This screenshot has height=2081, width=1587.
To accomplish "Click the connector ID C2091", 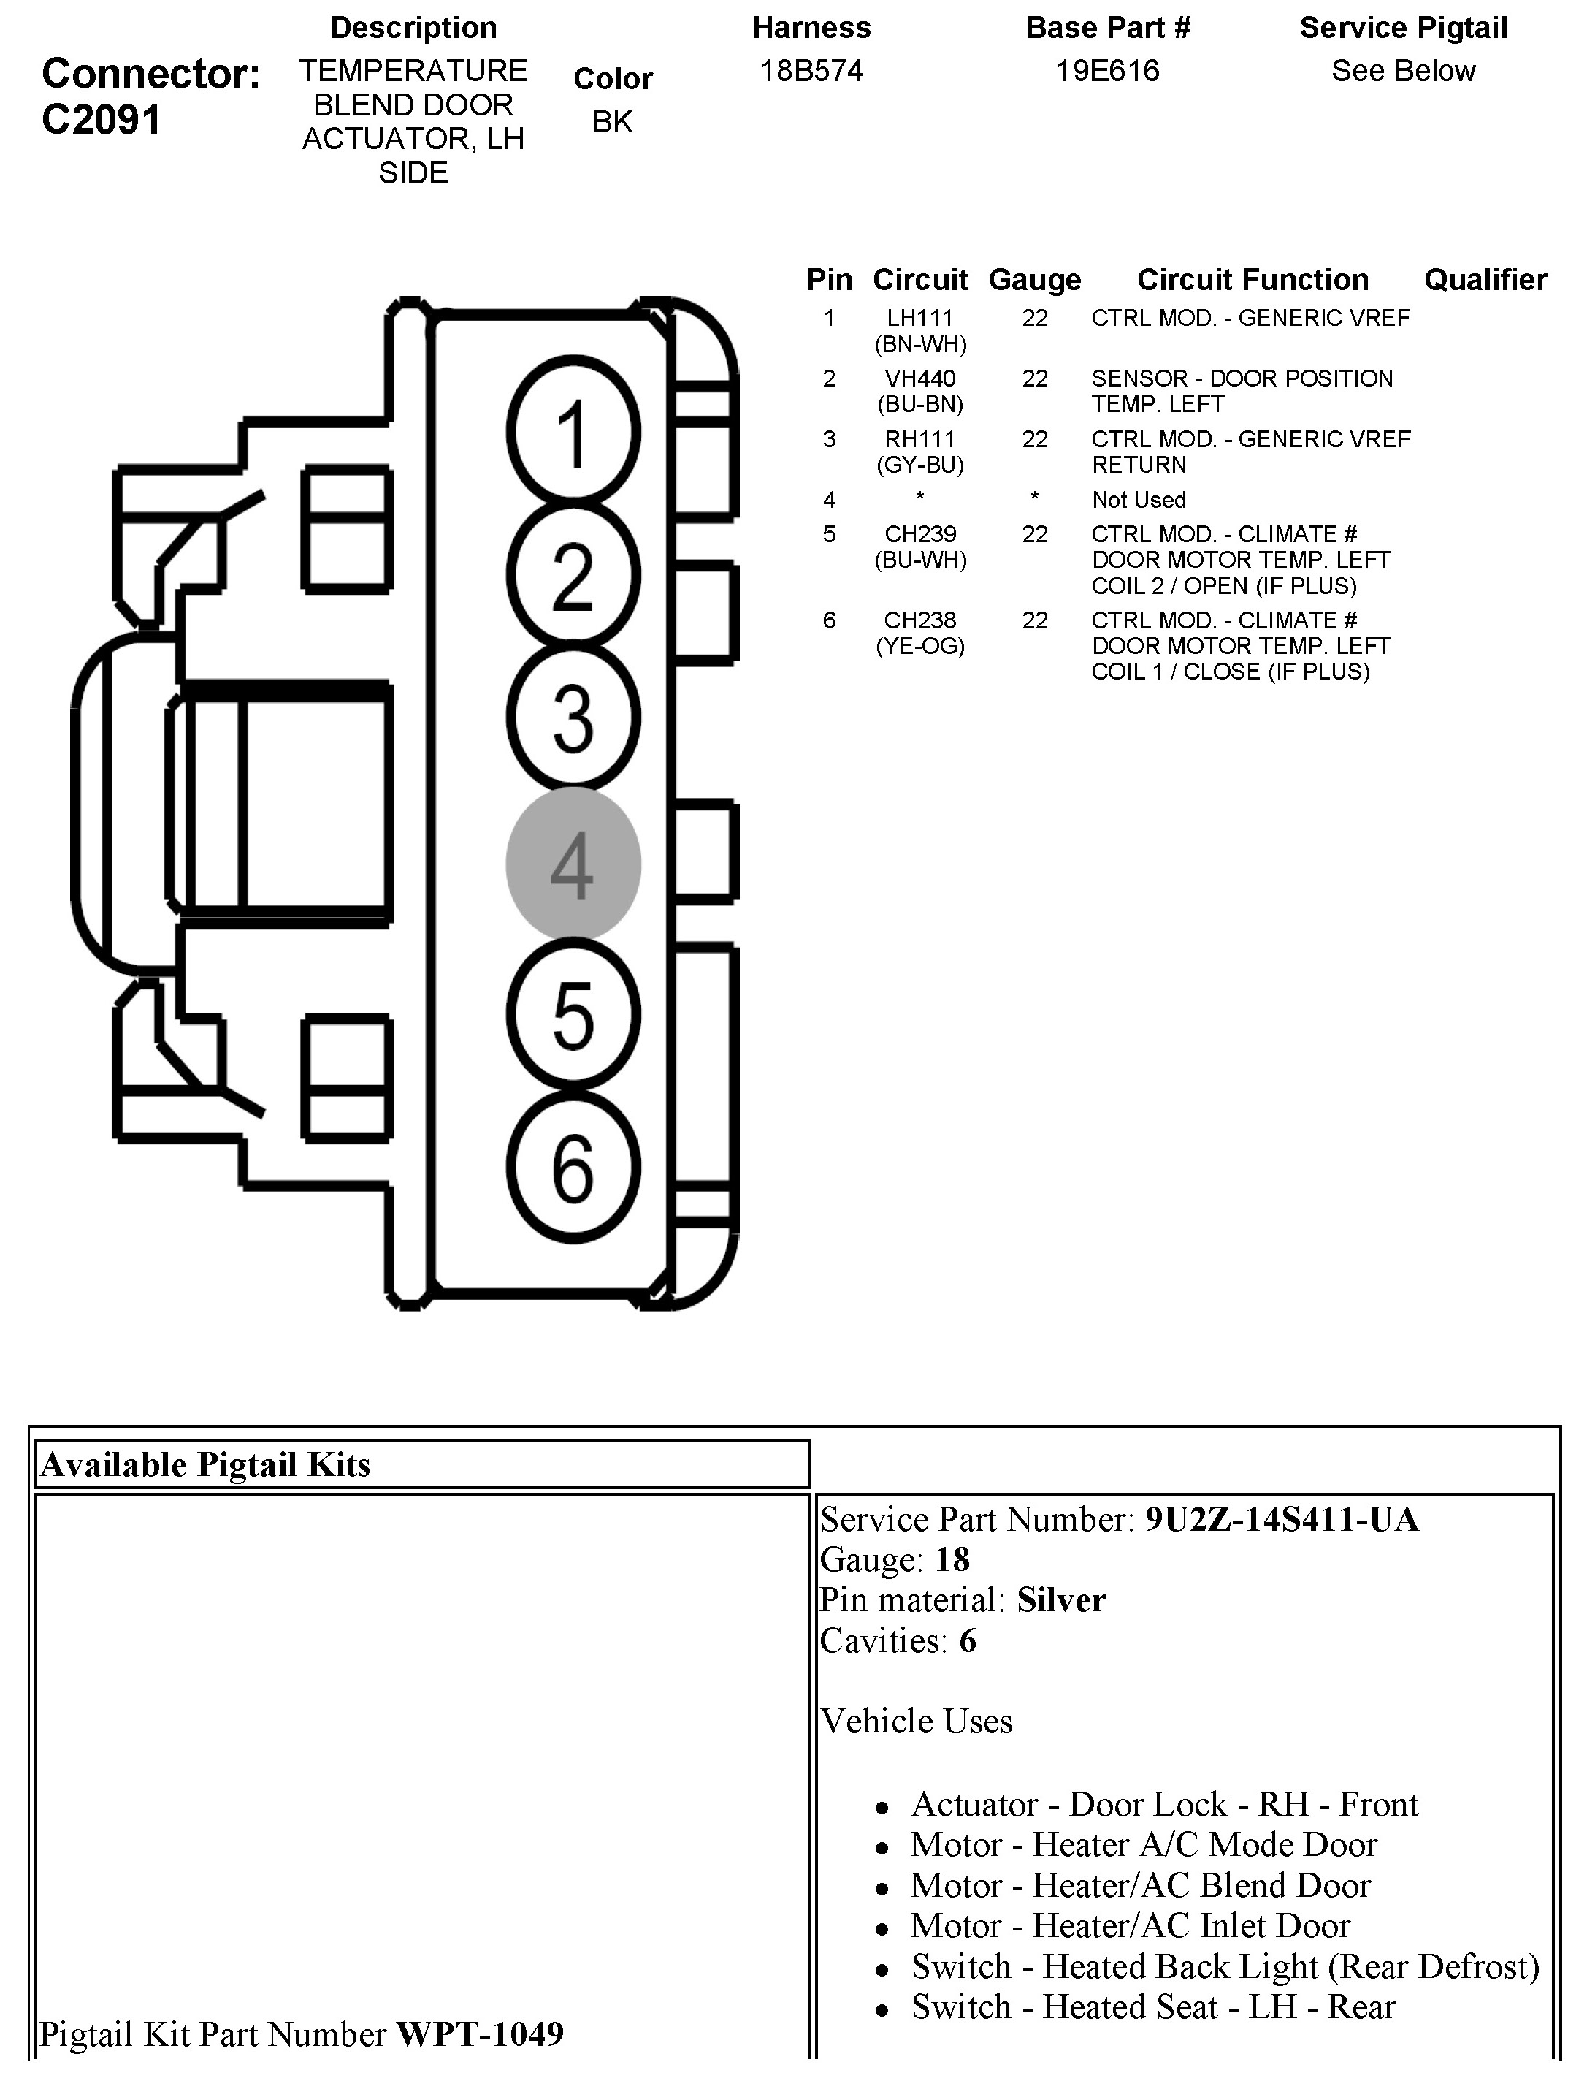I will [102, 120].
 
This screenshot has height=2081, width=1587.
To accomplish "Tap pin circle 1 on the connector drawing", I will [573, 432].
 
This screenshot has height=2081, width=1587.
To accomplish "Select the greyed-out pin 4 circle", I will [573, 864].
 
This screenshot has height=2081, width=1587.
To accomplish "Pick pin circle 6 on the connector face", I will [573, 1167].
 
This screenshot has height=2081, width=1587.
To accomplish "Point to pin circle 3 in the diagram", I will [573, 718].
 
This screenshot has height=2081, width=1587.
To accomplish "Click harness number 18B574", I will [811, 71].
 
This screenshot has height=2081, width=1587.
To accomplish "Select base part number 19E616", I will [1107, 71].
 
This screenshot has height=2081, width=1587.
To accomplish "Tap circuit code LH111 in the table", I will [920, 319].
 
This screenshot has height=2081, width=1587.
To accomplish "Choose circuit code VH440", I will [920, 379].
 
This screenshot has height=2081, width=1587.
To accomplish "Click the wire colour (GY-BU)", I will [920, 465].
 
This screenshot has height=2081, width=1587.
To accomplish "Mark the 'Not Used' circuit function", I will [1139, 500].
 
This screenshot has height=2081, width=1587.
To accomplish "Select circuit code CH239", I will [920, 535].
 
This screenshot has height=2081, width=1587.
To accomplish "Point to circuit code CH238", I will [920, 621].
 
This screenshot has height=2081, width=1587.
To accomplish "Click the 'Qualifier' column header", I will [1485, 280].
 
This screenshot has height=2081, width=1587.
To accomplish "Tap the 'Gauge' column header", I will [1034, 280].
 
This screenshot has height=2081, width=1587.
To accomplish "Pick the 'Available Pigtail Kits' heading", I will [205, 1464].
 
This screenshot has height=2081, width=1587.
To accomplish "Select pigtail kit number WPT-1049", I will [480, 2033].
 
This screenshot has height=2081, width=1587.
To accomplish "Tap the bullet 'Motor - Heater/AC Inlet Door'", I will [1130, 1925].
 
